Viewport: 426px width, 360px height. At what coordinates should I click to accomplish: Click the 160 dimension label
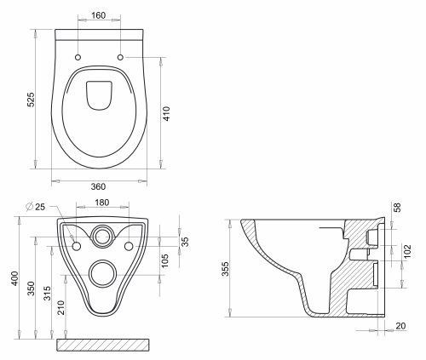[99, 15]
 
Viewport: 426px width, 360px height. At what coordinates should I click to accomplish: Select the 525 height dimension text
[31, 100]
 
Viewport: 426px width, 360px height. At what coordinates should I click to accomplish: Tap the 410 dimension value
[166, 113]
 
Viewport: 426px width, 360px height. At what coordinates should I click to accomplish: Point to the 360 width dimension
[98, 186]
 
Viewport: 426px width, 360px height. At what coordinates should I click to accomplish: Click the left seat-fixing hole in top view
[78, 57]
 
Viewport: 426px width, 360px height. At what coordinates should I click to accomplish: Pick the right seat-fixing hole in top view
[120, 57]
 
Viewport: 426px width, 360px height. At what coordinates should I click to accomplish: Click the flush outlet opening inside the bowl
[99, 95]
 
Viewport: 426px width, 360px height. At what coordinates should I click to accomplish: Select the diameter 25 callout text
[36, 207]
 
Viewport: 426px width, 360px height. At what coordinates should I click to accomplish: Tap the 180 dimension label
[101, 203]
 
